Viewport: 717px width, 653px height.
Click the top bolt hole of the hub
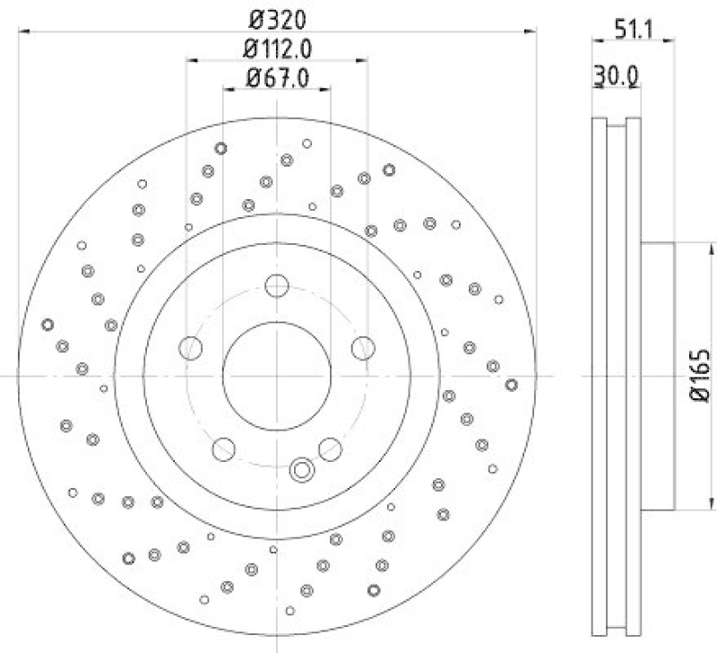pyautogui.click(x=277, y=286)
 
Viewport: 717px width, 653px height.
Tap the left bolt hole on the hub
pyautogui.click(x=191, y=347)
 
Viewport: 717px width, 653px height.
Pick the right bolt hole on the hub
pyautogui.click(x=362, y=347)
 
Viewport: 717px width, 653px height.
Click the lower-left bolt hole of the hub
pyautogui.click(x=223, y=447)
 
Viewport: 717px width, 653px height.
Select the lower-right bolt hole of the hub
pyautogui.click(x=330, y=447)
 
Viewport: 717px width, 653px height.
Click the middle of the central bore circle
pyautogui.click(x=277, y=376)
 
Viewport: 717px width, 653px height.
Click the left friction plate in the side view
pyautogui.click(x=600, y=376)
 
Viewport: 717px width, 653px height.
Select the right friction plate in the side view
pyautogui.click(x=633, y=376)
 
